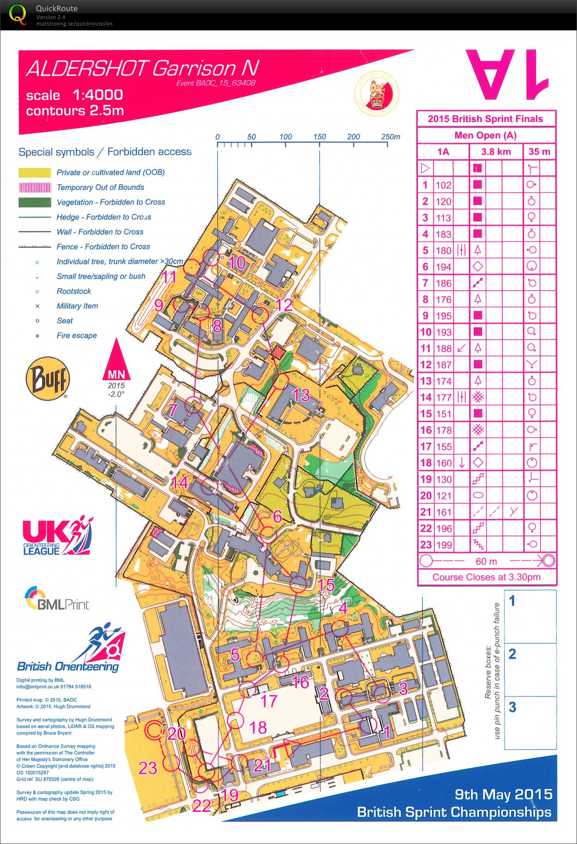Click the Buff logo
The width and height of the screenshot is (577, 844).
click(48, 379)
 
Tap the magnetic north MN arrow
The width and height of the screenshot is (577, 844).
click(116, 360)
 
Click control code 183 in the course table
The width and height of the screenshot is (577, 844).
click(443, 234)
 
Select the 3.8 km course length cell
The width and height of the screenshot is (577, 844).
click(496, 152)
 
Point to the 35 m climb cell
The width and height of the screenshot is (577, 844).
click(539, 152)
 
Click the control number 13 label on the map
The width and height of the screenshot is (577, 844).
click(301, 395)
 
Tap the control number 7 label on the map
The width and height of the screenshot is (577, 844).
click(173, 410)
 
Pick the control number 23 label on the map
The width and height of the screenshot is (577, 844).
click(148, 768)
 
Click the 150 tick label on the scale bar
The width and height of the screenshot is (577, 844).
click(319, 137)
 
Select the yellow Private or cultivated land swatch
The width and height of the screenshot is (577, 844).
click(35, 173)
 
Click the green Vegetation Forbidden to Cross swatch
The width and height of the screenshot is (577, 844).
click(35, 202)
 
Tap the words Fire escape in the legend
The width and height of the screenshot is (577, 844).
click(77, 335)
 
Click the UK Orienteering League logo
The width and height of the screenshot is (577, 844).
click(58, 536)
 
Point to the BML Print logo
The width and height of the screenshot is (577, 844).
click(56, 599)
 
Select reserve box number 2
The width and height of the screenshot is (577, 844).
click(530, 670)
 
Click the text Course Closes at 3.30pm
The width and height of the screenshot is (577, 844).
click(486, 577)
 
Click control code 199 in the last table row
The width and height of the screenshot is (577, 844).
click(443, 545)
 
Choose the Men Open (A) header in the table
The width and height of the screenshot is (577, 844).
click(485, 135)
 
